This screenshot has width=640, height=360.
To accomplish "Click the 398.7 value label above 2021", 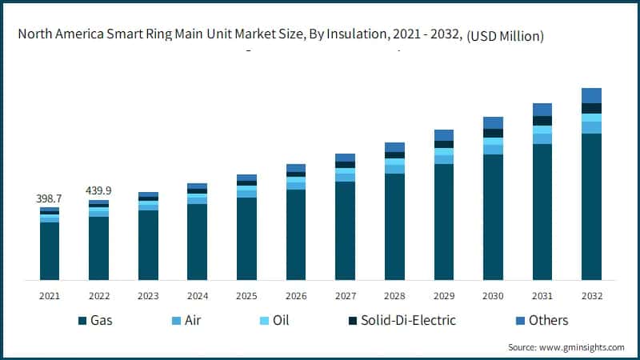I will coord(50,198).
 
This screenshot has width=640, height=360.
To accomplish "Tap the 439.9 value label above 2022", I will coord(99,190).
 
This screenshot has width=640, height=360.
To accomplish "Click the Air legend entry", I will coord(191,320).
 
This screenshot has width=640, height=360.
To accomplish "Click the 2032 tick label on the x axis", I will coord(591,295).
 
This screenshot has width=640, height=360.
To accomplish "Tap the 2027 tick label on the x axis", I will coord(345,295).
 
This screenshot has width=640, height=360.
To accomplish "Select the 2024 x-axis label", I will coord(198,295).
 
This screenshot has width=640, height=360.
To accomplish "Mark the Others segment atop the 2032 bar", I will coord(591,95).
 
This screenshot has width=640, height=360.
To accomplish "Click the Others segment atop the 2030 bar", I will coord(493,122).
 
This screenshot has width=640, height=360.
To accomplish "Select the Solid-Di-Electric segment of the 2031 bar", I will coord(542,121).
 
